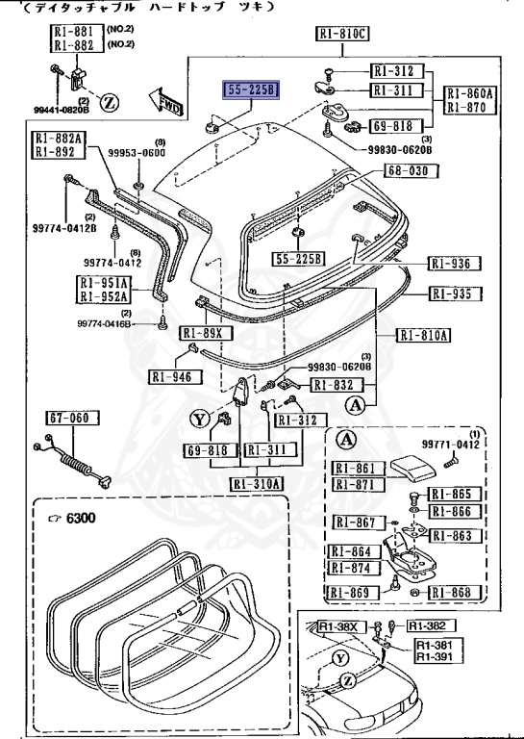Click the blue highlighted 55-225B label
tap(251, 91)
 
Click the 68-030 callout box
tap(411, 171)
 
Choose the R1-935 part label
tap(455, 294)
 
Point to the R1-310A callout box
tap(257, 483)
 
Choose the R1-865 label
tap(455, 493)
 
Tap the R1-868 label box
tap(455, 592)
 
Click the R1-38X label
tap(338, 626)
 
